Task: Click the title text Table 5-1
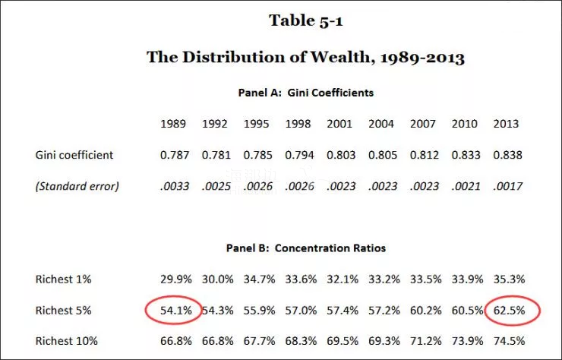click(305, 21)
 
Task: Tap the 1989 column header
click(174, 124)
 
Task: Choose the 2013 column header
click(507, 124)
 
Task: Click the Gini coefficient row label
click(74, 155)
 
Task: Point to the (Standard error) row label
click(76, 185)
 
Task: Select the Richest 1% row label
click(63, 279)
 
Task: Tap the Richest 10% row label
click(66, 340)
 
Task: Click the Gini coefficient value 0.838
click(507, 155)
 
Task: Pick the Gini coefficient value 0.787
click(174, 155)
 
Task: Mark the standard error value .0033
click(174, 185)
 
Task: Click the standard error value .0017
click(507, 185)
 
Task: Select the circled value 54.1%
click(174, 310)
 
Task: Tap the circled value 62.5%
click(507, 310)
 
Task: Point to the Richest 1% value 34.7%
click(257, 279)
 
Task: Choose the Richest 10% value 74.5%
click(507, 340)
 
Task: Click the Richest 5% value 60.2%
click(424, 310)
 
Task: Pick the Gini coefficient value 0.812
click(424, 155)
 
